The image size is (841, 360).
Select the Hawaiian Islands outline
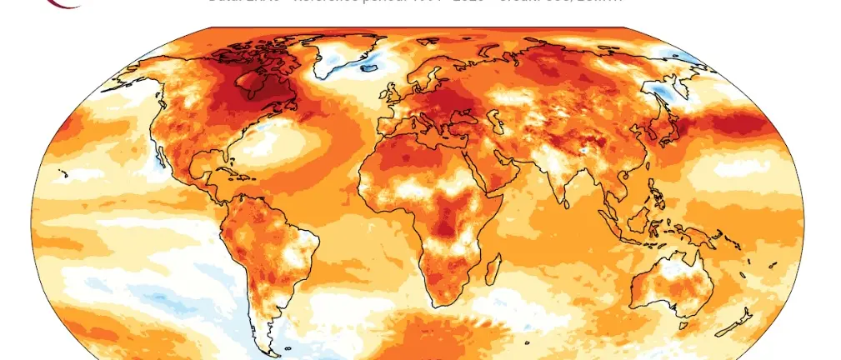62,173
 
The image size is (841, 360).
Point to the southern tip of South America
264,351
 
